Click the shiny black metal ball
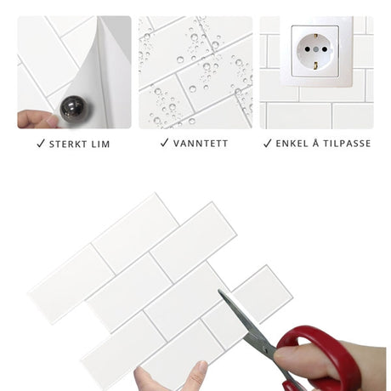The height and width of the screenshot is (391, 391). [73, 108]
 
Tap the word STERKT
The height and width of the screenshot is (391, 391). [68, 144]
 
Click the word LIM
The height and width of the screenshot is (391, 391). [100, 144]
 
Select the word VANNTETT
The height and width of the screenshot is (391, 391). [201, 144]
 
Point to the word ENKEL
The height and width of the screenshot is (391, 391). [292, 144]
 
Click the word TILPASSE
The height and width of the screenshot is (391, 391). [347, 144]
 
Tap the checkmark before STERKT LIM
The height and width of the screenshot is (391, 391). [41, 144]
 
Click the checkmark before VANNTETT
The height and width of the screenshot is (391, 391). [164, 143]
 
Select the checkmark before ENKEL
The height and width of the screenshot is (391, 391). [268, 143]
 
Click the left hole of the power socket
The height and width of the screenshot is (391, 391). [308, 49]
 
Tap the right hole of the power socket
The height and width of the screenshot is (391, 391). [325, 49]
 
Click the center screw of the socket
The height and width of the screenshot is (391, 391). [316, 49]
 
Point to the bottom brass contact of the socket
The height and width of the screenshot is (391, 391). [315, 66]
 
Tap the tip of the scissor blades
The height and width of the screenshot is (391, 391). [218, 291]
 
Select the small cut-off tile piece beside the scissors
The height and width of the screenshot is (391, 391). [263, 294]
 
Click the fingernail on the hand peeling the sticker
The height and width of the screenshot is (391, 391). [53, 122]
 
